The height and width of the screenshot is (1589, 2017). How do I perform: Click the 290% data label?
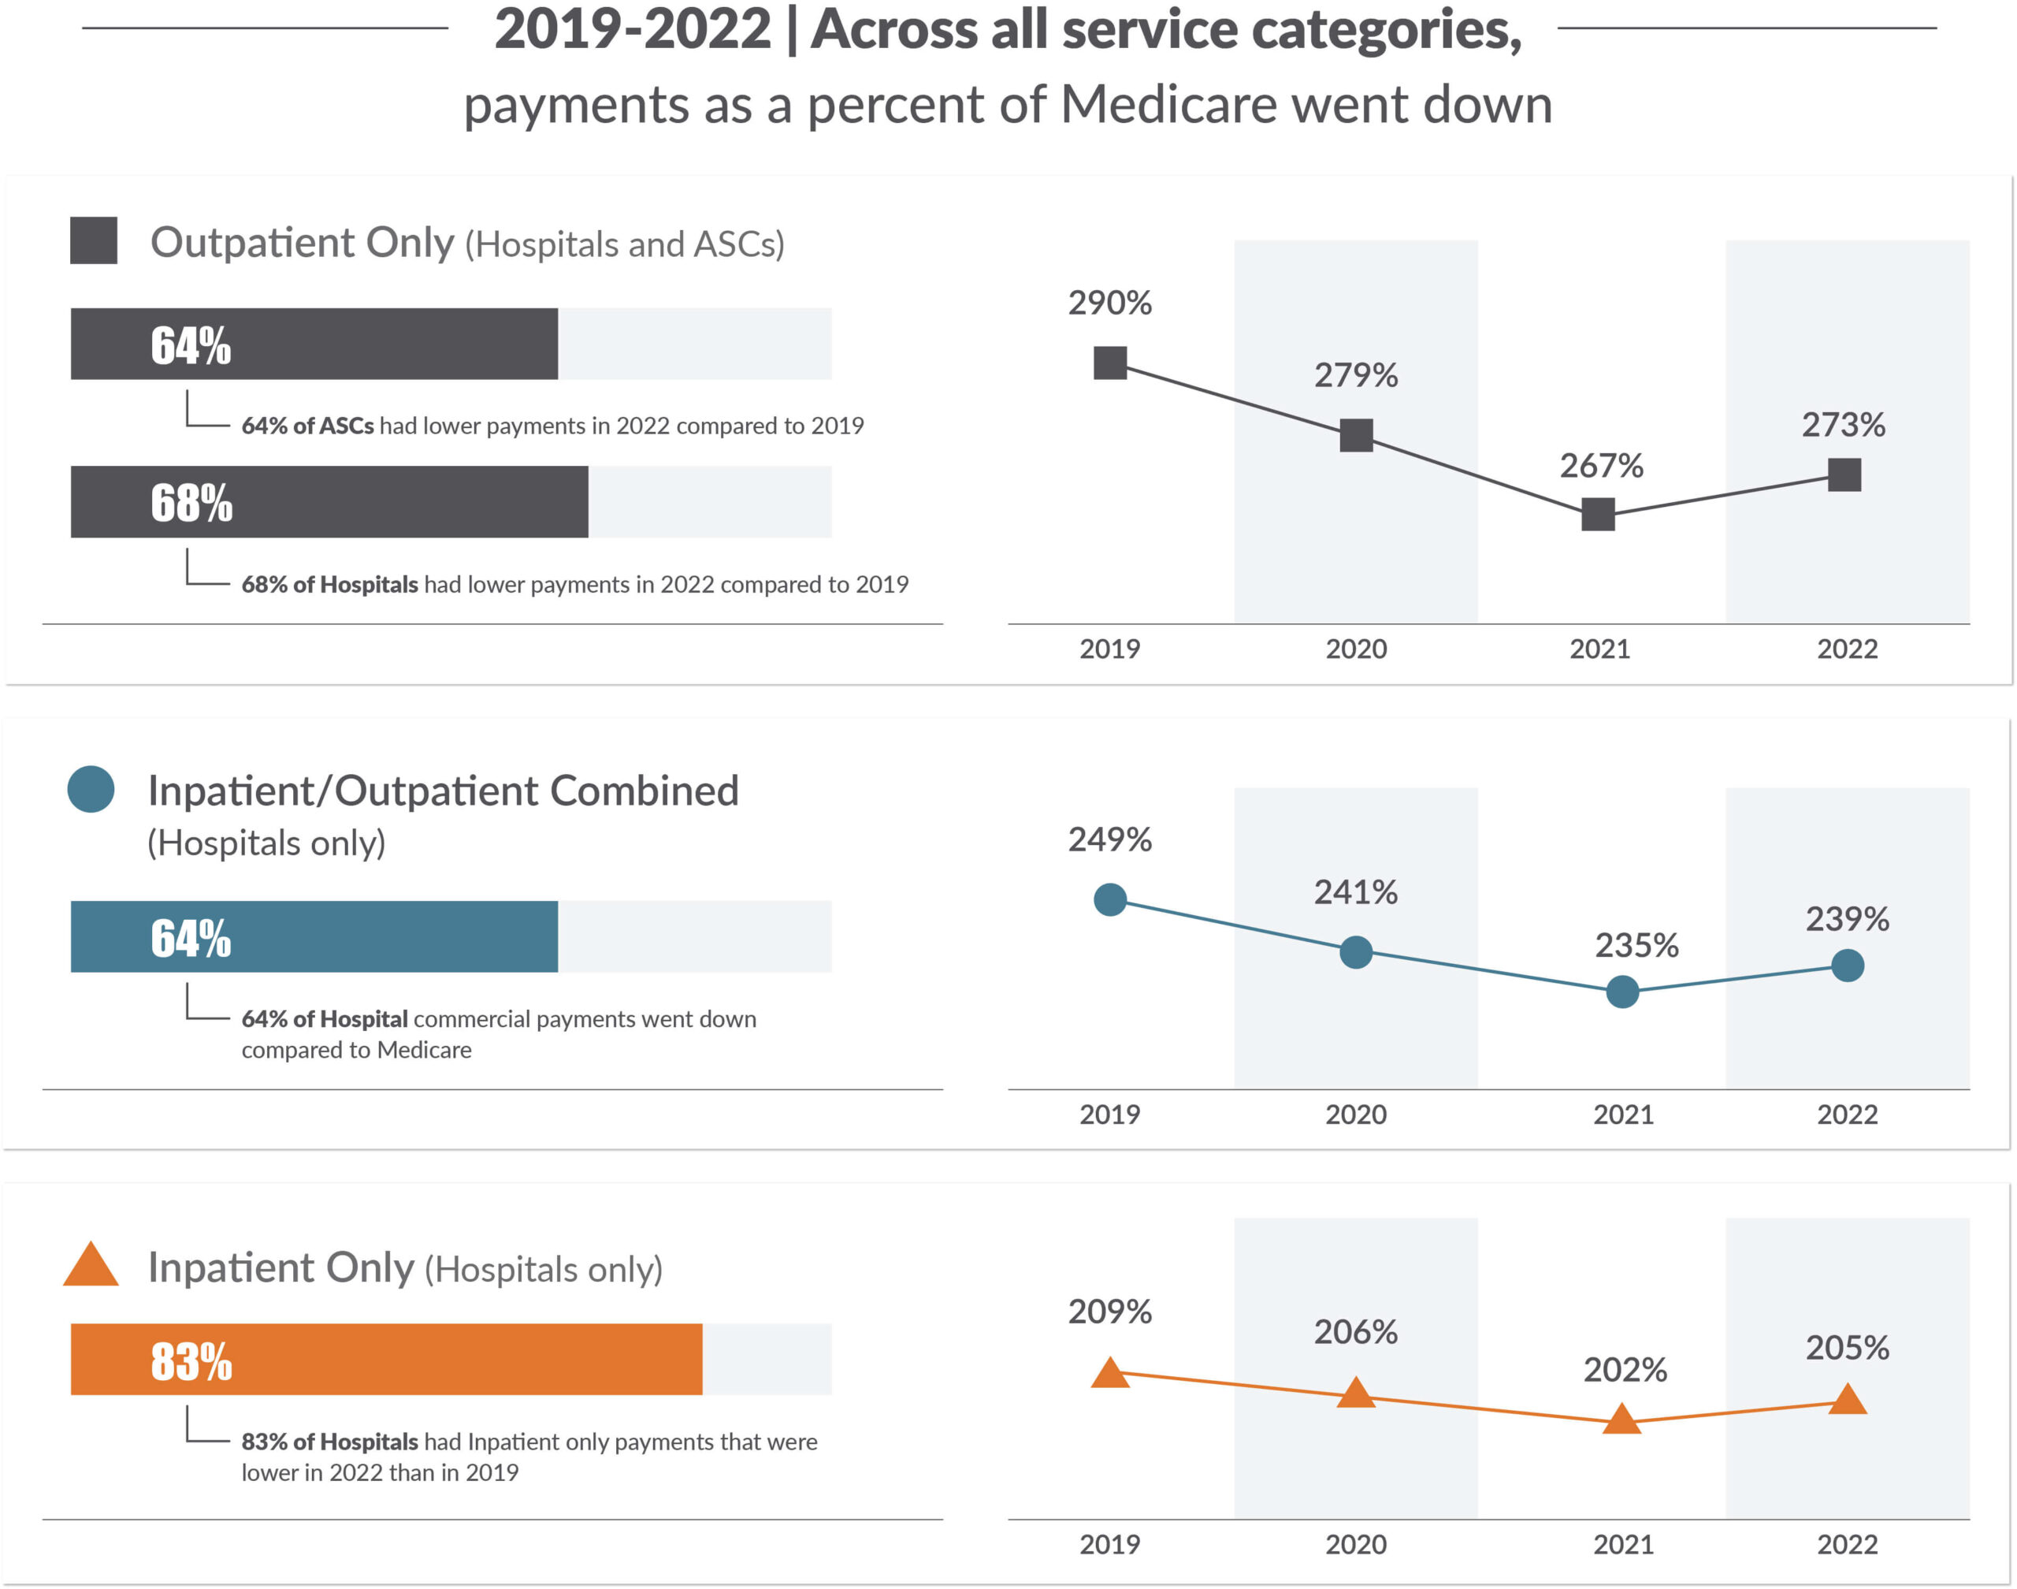point(1109,303)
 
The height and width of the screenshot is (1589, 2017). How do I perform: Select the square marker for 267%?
point(1598,514)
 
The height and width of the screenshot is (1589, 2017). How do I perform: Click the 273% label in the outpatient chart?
point(1843,424)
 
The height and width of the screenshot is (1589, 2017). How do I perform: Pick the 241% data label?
point(1355,892)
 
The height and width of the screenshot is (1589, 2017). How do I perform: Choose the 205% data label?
point(1847,1347)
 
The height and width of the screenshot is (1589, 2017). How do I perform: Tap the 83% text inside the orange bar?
point(191,1361)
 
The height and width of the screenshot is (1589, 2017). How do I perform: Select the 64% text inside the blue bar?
point(191,938)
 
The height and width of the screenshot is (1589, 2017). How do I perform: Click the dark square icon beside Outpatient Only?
point(94,241)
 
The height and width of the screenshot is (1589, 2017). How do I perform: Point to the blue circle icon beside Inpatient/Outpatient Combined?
point(91,789)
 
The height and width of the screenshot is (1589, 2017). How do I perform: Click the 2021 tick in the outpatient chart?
point(1599,649)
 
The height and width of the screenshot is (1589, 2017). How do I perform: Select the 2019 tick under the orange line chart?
point(1109,1544)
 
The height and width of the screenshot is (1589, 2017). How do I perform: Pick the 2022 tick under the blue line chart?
point(1847,1114)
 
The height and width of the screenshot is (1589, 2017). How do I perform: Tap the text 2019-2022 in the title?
point(633,30)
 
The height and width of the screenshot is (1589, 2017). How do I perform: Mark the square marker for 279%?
point(1356,434)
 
